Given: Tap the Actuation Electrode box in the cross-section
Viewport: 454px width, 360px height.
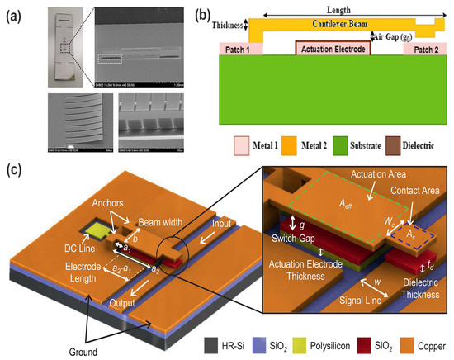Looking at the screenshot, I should coord(333,49).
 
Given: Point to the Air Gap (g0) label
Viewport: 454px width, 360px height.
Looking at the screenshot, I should coord(399,36).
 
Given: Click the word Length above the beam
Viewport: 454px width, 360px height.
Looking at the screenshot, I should coord(344,7).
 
